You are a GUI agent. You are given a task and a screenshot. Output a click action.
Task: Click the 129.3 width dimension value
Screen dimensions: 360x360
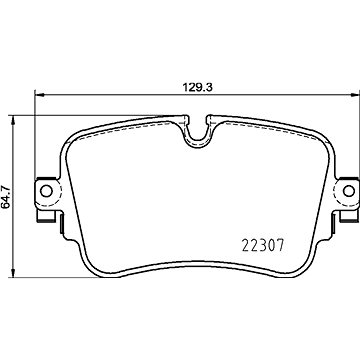(198, 87)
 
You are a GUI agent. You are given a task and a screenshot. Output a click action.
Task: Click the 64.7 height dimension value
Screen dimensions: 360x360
(6, 198)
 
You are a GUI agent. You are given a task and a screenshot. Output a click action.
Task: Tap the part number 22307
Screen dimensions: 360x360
(263, 246)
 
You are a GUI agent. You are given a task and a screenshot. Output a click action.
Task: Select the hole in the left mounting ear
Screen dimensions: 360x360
(46, 191)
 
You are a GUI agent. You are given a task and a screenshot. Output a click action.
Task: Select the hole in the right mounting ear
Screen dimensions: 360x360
(349, 191)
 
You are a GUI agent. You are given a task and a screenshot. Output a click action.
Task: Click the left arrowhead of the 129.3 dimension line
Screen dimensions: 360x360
(40, 95)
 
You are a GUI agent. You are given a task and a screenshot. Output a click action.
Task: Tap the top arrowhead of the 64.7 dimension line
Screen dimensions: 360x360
(13, 121)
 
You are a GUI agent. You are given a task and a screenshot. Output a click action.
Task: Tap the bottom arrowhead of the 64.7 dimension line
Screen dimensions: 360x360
(13, 272)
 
